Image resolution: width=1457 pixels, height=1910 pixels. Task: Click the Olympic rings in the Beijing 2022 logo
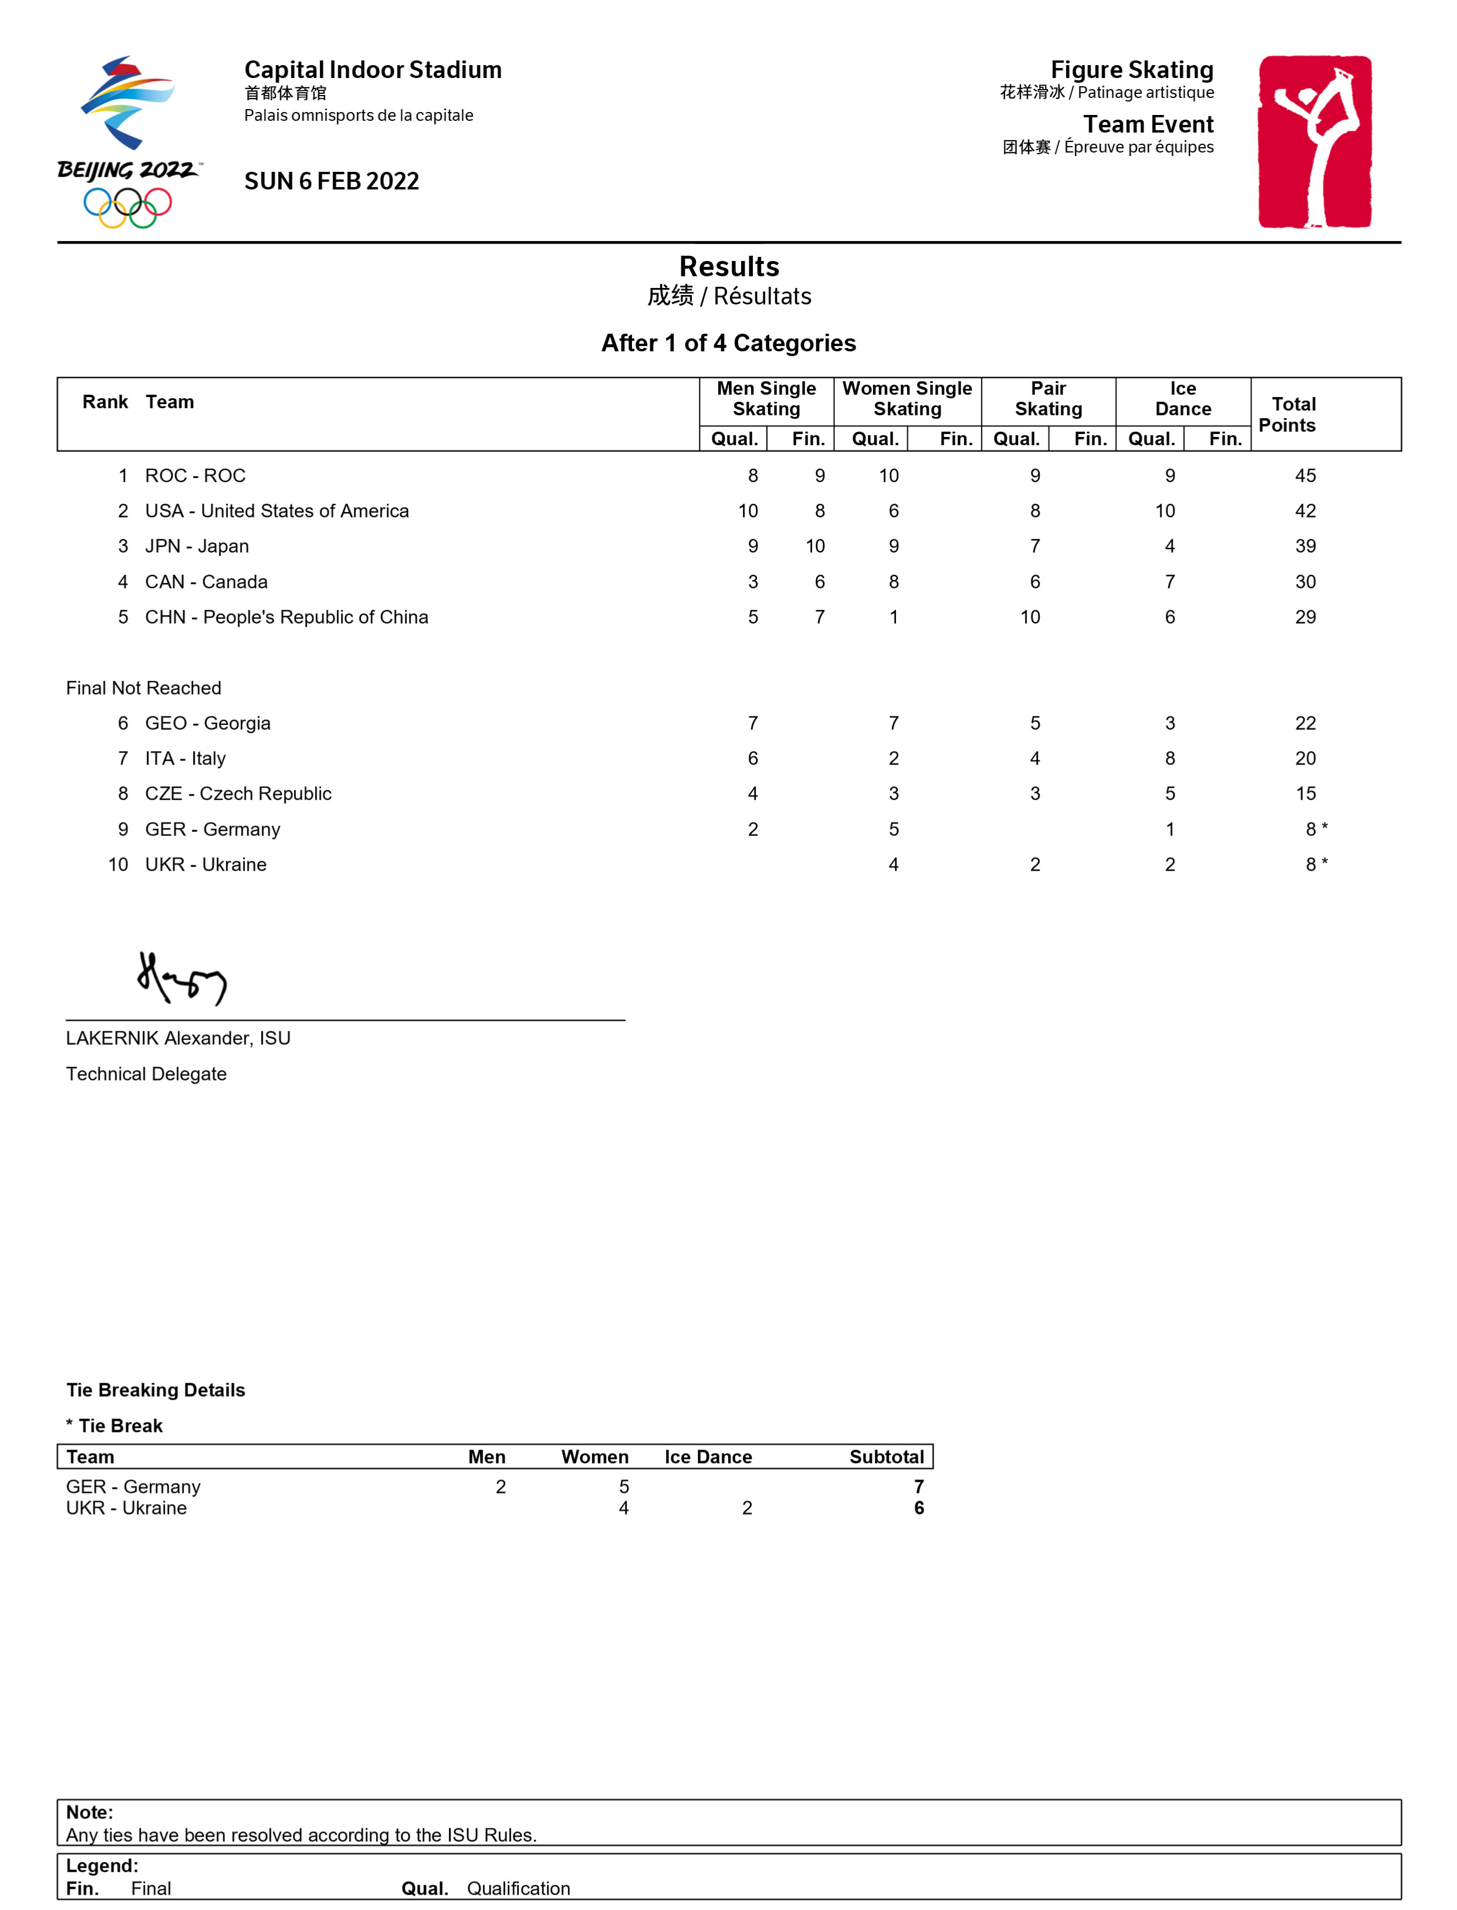[x=127, y=207]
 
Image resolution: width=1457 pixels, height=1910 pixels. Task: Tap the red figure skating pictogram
[x=1315, y=141]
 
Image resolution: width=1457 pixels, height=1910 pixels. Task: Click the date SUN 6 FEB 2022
[x=332, y=181]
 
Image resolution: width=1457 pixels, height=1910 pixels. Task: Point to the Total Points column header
[x=1292, y=414]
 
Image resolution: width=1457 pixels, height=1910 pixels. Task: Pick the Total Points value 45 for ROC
[x=1304, y=476]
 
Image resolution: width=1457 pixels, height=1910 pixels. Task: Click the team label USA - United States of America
[x=276, y=512]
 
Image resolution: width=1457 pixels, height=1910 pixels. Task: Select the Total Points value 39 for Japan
[x=1304, y=546]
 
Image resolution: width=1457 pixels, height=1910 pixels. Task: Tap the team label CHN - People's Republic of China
[x=286, y=617]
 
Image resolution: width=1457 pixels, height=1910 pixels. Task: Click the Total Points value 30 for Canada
[x=1304, y=582]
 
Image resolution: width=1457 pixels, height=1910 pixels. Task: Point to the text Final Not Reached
[x=144, y=689]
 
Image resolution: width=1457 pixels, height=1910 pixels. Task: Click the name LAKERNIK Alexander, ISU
[x=178, y=1039]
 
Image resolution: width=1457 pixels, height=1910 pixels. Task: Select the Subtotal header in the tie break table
[x=886, y=1457]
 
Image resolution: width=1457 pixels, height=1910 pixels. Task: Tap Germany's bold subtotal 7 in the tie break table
[x=918, y=1488]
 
